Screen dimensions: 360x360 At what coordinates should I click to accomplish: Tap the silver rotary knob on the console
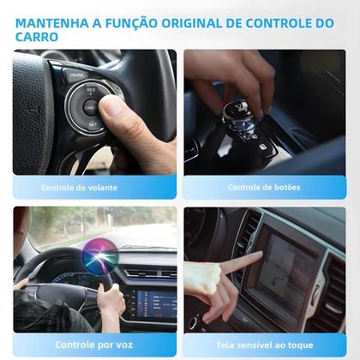click(x=237, y=119)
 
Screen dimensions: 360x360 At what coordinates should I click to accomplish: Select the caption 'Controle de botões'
click(x=265, y=187)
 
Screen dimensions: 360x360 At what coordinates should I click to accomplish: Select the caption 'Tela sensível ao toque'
click(x=265, y=345)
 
